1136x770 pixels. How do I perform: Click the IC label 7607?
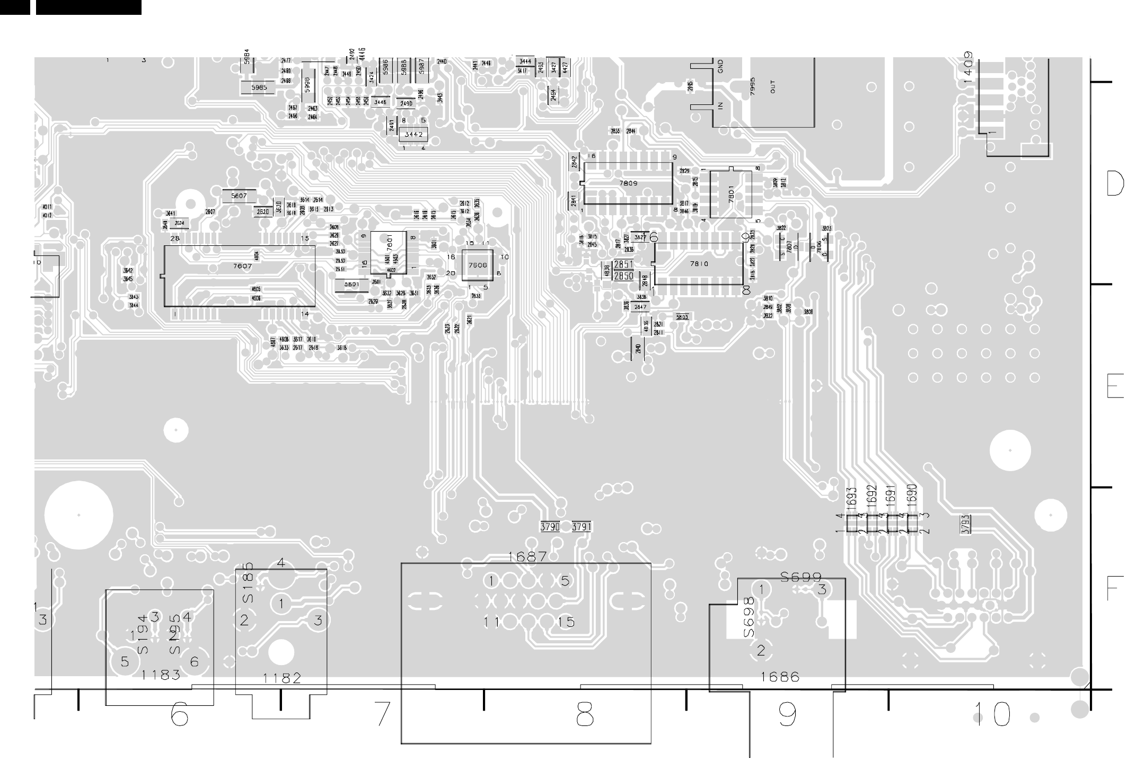coord(242,267)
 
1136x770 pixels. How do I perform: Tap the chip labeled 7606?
coord(478,265)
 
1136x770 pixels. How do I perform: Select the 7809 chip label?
coord(628,183)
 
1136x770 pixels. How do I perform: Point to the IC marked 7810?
coord(699,263)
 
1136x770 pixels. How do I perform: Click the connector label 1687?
coord(527,557)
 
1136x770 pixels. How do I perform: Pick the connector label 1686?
coord(780,677)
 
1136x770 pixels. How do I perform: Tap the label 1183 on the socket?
coord(161,675)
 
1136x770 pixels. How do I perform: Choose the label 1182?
coord(282,678)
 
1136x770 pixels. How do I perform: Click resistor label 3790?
coord(550,527)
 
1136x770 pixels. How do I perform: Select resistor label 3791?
coord(582,527)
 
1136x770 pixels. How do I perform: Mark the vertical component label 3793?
coord(966,525)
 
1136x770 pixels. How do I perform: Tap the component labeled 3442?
coord(413,135)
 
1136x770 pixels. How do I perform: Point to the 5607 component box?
coord(239,196)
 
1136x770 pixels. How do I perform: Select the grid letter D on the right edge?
coord(1115,183)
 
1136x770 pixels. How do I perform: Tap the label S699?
coord(802,577)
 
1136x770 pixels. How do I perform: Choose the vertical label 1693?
coord(852,498)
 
